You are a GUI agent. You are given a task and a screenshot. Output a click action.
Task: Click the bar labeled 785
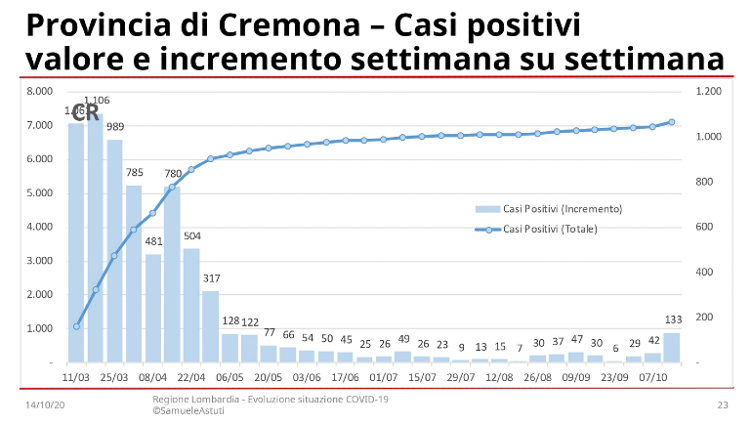(134, 274)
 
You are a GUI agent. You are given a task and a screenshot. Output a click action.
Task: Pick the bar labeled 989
(114, 250)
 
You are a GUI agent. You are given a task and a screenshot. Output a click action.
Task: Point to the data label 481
(153, 241)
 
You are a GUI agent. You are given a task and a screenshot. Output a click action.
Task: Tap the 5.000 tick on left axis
(40, 193)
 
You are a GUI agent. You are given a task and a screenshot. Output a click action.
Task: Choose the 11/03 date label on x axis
(76, 375)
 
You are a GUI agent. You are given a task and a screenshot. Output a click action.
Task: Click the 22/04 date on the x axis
(191, 375)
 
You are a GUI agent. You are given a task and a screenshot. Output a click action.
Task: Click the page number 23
(724, 404)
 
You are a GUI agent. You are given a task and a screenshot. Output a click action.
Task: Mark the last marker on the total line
(672, 122)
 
